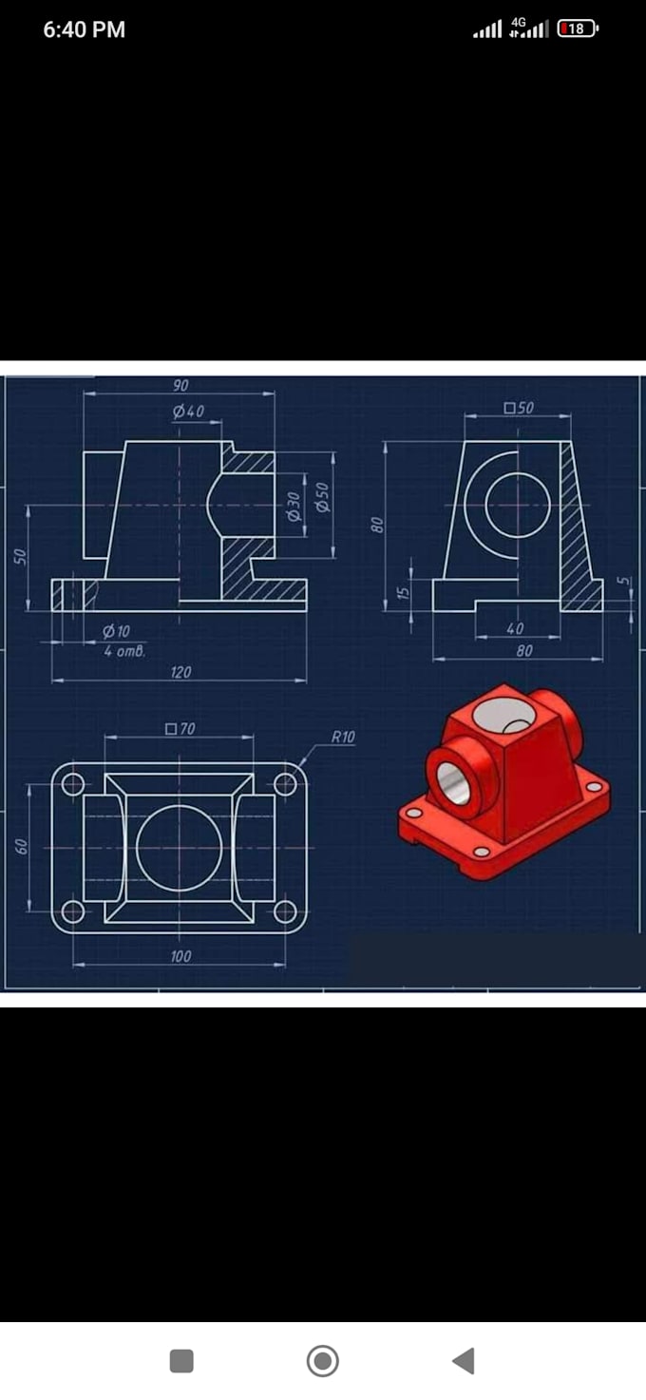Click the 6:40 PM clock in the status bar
point(85,29)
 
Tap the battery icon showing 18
point(579,29)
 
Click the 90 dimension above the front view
point(180,386)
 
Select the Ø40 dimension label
point(188,412)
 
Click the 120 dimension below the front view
point(180,673)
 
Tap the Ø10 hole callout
point(116,631)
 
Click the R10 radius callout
point(343,737)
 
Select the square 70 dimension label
point(180,729)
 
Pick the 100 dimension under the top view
point(180,956)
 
